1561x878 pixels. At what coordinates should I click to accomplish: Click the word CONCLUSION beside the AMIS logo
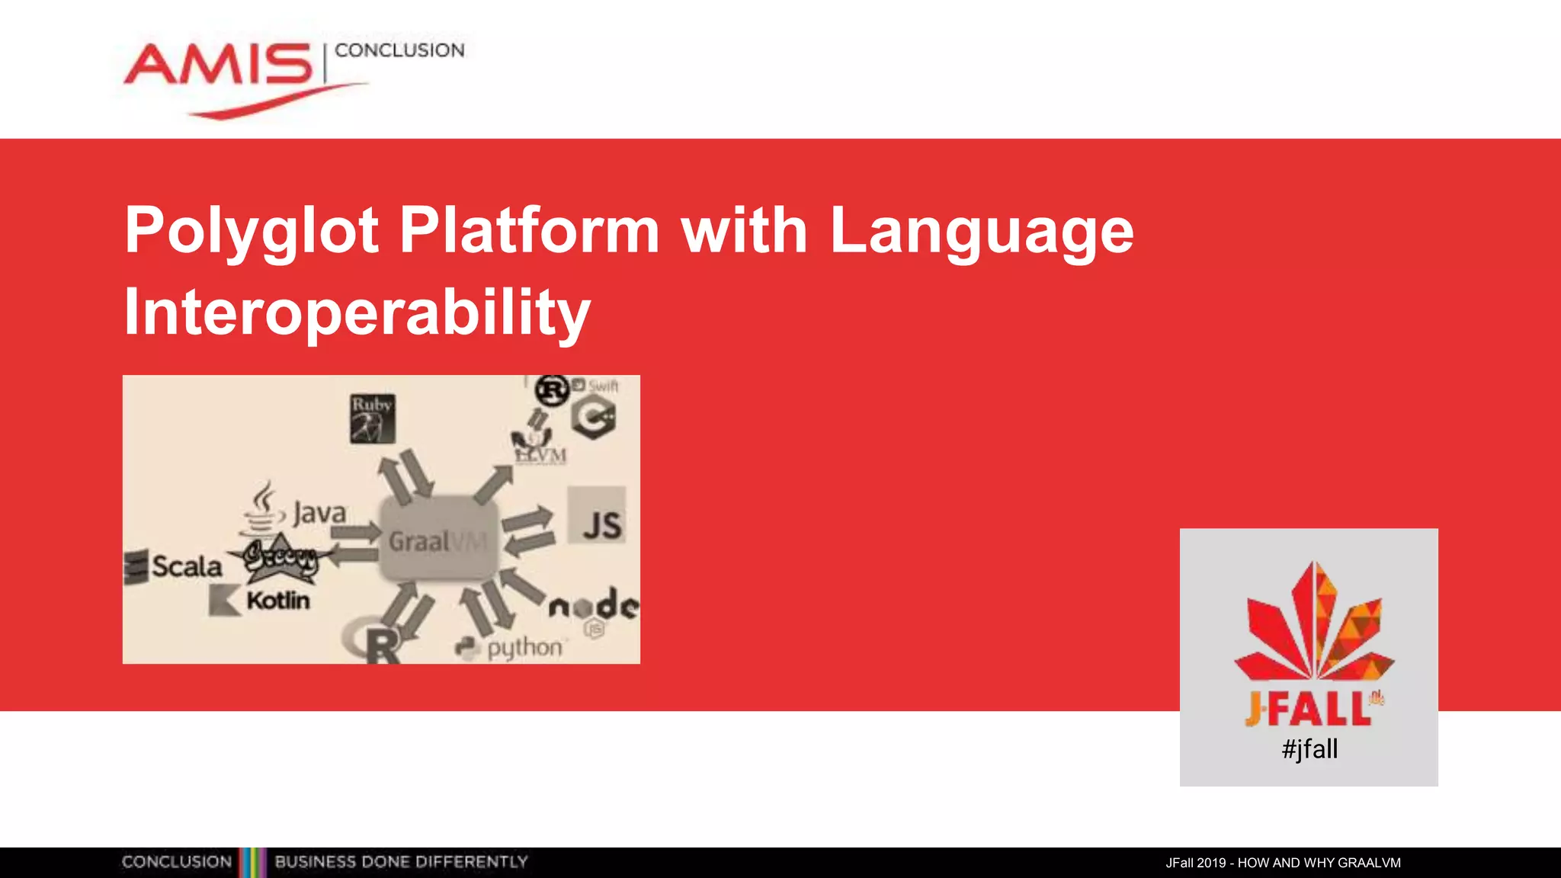(399, 50)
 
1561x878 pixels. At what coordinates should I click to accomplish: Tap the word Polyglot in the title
(252, 230)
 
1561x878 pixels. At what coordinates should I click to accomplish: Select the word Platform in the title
(529, 230)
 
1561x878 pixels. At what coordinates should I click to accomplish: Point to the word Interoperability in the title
(357, 312)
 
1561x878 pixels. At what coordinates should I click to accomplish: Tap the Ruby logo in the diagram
(372, 418)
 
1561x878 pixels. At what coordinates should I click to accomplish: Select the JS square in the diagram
(597, 516)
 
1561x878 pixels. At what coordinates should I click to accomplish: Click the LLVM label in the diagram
(540, 456)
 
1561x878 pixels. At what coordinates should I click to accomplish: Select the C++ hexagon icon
(594, 418)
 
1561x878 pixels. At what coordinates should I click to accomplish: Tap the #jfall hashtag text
(1309, 749)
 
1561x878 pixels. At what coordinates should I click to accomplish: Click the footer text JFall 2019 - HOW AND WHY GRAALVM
(1283, 863)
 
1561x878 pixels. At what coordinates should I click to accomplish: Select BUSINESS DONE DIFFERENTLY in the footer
(401, 862)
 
